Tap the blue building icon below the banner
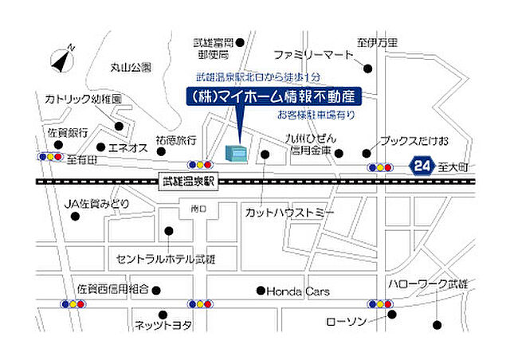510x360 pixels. (237, 152)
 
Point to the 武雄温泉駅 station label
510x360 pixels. (188, 182)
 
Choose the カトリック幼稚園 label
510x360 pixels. (82, 100)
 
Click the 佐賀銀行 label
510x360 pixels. (68, 132)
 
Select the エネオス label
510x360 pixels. (127, 147)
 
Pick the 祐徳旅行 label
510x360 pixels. (176, 139)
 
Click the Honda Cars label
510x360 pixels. (297, 291)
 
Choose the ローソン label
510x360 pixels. (345, 322)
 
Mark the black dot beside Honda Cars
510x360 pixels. (260, 291)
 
